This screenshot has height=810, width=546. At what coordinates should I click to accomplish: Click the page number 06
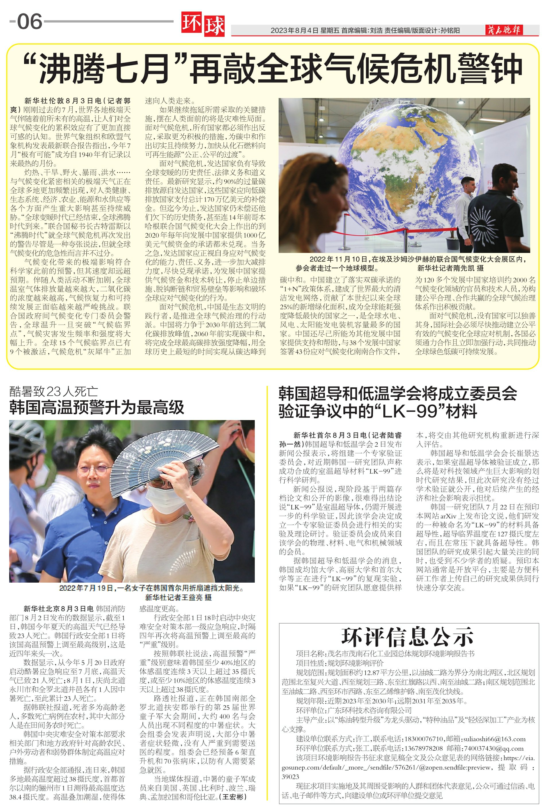click(x=29, y=22)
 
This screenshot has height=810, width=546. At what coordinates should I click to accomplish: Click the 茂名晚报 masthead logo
click(x=504, y=30)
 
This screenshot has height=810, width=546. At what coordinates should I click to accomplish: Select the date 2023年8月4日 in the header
click(x=294, y=31)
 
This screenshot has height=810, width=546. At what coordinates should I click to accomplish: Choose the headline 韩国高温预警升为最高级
click(x=96, y=407)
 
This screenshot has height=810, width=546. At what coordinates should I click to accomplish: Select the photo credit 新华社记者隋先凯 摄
click(x=450, y=268)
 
